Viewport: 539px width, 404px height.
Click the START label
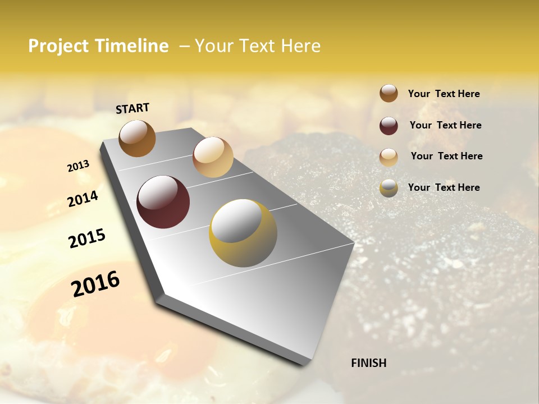[x=133, y=108]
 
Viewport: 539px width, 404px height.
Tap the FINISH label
[x=368, y=363]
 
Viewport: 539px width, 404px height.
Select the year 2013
[x=78, y=166]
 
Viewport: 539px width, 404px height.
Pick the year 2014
[x=83, y=199]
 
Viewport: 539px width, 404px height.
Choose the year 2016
[x=95, y=284]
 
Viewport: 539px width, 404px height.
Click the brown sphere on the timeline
[x=137, y=139]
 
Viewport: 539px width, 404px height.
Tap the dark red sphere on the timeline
[x=163, y=202]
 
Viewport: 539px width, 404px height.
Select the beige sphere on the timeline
[x=213, y=157]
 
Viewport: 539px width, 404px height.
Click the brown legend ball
[x=389, y=94]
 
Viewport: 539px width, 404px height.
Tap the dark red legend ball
[x=389, y=126]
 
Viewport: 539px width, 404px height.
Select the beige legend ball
[x=389, y=157]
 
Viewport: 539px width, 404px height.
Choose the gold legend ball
[x=389, y=188]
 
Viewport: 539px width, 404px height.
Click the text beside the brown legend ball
[x=444, y=94]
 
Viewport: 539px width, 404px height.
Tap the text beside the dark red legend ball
[x=446, y=125]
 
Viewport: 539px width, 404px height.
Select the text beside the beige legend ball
[x=446, y=156]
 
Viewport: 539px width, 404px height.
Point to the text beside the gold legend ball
[x=444, y=187]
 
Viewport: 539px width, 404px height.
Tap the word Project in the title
[x=58, y=46]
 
